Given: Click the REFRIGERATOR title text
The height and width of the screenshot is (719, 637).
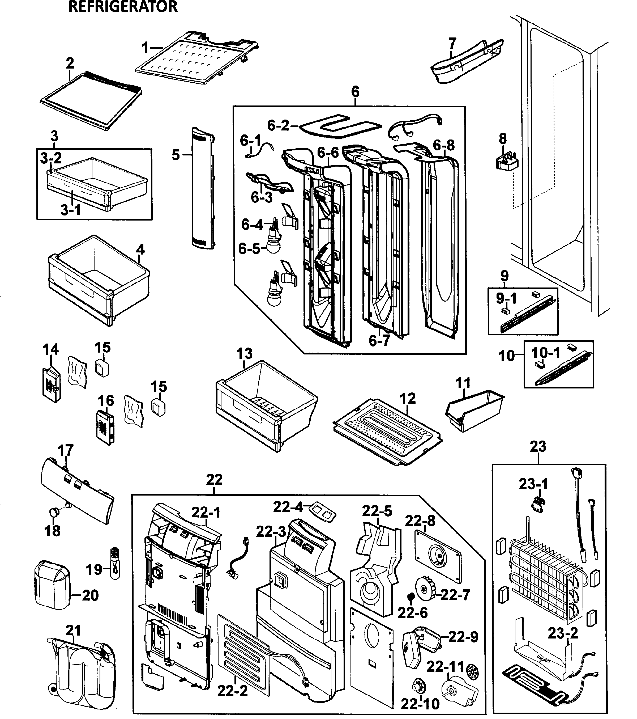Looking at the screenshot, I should [x=123, y=7].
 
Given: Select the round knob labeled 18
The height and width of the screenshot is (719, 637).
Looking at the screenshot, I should [x=54, y=512].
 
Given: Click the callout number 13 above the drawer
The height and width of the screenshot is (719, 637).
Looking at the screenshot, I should [x=244, y=353].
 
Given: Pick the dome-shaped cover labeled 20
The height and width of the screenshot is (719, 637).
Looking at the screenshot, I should [x=53, y=591].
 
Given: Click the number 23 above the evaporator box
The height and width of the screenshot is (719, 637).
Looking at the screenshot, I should [x=538, y=446].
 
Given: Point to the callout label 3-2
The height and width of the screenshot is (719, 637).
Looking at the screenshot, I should [x=51, y=158].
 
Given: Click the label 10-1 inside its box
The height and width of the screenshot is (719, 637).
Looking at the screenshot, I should [x=546, y=353].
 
